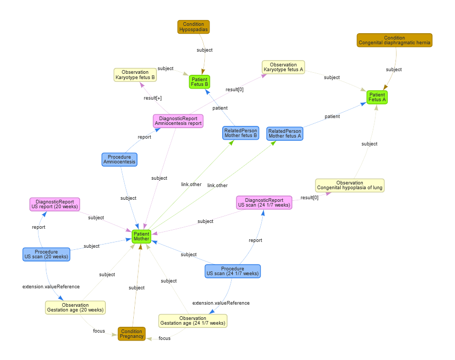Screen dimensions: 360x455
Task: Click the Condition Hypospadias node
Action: click(x=193, y=27)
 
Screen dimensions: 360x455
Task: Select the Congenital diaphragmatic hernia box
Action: click(x=394, y=40)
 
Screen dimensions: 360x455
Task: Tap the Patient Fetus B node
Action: click(x=200, y=82)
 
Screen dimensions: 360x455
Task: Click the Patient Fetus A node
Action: click(x=377, y=97)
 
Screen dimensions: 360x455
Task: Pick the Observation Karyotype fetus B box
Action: click(x=135, y=75)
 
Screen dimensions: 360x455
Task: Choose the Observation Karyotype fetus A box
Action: click(x=283, y=67)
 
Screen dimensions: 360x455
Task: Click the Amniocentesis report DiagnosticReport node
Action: click(x=178, y=121)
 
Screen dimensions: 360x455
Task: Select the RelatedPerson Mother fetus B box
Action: click(x=240, y=133)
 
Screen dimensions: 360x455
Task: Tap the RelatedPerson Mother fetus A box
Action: click(x=284, y=133)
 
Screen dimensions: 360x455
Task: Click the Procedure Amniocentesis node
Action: click(x=119, y=159)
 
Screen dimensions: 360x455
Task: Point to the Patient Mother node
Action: click(x=141, y=236)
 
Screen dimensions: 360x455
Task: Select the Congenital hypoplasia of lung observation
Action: click(x=350, y=186)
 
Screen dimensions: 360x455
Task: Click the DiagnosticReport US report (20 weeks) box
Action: click(x=55, y=204)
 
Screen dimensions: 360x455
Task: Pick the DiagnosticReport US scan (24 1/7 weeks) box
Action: click(x=264, y=202)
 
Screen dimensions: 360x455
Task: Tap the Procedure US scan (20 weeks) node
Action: click(x=46, y=255)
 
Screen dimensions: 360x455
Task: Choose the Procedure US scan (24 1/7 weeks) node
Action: click(x=232, y=271)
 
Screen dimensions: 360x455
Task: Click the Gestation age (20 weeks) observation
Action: click(x=75, y=307)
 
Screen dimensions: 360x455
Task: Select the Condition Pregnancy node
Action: click(x=132, y=334)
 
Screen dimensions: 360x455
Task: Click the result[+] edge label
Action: click(x=152, y=98)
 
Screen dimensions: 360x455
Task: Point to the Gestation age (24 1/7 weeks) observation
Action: click(x=193, y=320)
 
